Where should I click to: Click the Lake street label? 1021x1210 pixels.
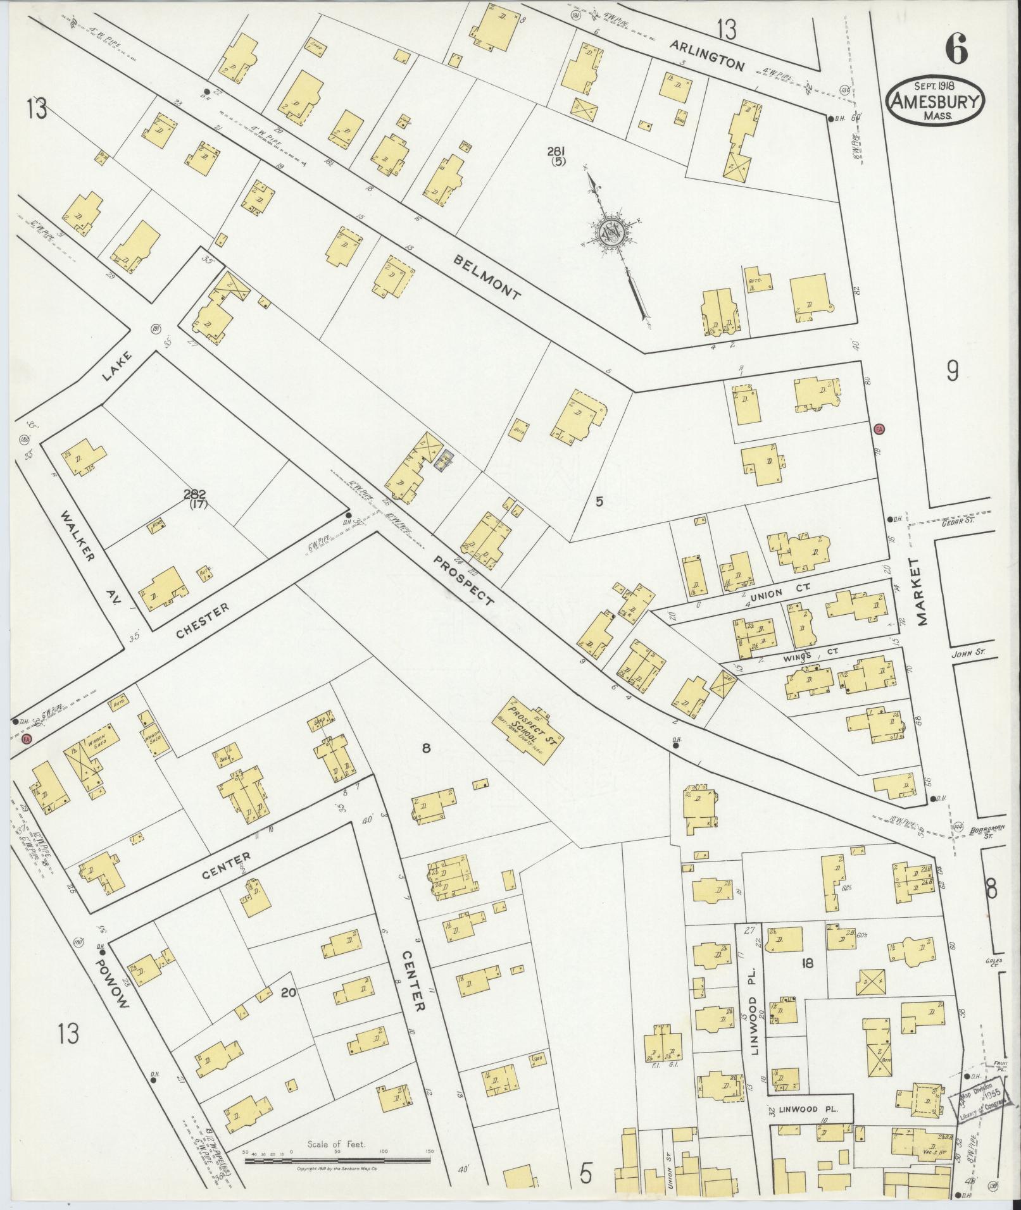click(x=118, y=366)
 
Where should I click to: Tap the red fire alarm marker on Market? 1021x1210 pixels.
click(x=879, y=429)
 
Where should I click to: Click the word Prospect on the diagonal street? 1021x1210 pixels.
click(x=465, y=579)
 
